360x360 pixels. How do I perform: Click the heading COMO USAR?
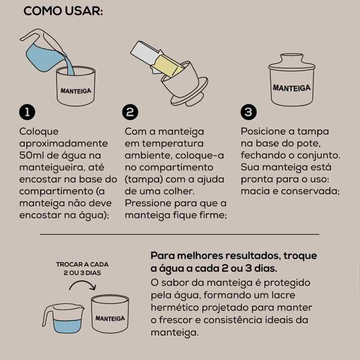(x=63, y=11)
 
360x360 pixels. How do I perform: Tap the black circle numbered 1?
(x=27, y=113)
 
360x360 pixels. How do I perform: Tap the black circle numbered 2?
(x=130, y=113)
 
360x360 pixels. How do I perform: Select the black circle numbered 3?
(x=248, y=113)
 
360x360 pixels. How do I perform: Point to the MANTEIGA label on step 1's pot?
(x=76, y=91)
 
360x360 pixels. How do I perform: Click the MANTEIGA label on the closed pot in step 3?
(x=292, y=88)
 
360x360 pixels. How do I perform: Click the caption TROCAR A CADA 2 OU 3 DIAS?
(x=82, y=269)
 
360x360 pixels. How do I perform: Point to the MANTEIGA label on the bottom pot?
(x=110, y=319)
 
